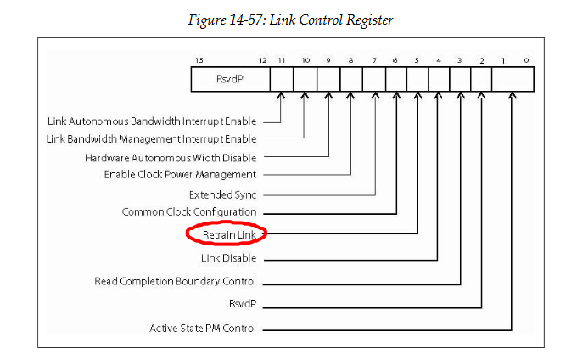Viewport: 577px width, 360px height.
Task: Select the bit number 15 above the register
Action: (198, 60)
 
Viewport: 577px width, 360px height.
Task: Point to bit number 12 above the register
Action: (263, 60)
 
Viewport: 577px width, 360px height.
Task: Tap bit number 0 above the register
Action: (528, 60)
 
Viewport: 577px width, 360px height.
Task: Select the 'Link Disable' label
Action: (228, 257)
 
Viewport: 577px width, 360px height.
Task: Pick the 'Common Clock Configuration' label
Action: (189, 211)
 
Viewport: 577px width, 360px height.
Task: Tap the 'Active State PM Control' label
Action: (203, 328)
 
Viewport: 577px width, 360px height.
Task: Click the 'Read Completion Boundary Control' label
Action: (176, 281)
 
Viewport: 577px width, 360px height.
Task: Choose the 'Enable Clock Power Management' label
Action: (180, 174)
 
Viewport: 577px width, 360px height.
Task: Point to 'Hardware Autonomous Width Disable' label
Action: (171, 157)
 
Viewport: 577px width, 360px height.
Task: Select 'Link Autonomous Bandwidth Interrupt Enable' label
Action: (159, 121)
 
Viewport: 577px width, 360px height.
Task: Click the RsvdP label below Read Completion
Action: (242, 304)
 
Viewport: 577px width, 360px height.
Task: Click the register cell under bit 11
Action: (281, 80)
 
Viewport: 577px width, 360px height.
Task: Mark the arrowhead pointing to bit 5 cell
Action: (417, 96)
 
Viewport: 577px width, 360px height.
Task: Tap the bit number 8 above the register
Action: (350, 60)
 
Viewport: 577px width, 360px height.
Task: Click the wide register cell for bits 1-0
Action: (512, 80)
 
